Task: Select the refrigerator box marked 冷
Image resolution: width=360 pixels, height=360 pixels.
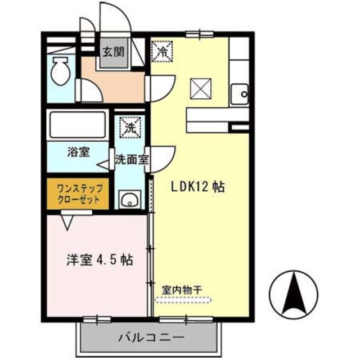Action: click(162, 52)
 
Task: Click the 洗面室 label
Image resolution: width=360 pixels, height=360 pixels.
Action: click(132, 159)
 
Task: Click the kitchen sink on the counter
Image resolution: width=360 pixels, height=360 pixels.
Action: click(242, 93)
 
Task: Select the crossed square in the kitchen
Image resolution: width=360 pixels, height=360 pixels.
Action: click(200, 88)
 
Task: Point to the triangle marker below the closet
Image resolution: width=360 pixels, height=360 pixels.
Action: click(68, 222)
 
